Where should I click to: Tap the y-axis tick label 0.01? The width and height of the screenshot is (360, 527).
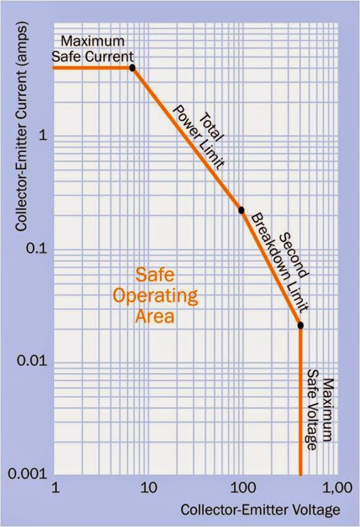[x=32, y=361]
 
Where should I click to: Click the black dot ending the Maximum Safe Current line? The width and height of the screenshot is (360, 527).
[x=132, y=67]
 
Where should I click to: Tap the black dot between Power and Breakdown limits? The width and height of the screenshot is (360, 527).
[x=241, y=210]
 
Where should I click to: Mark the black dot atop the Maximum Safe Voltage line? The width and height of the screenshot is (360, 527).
[x=300, y=324]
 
